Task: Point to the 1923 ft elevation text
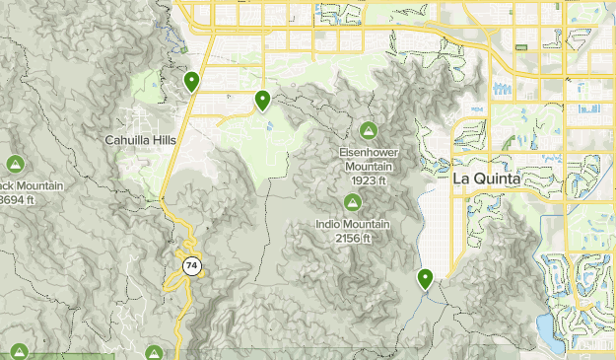coord(368,180)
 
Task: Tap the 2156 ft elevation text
coord(352,238)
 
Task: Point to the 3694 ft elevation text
coord(17,200)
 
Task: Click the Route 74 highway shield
coord(189,265)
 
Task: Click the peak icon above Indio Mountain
coord(352,202)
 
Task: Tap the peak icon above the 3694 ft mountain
coord(15,164)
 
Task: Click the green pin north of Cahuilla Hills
coord(191,82)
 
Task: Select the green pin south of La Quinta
coord(425,280)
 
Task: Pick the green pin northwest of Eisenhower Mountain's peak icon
coord(263,100)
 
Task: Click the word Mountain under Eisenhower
coord(368,167)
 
